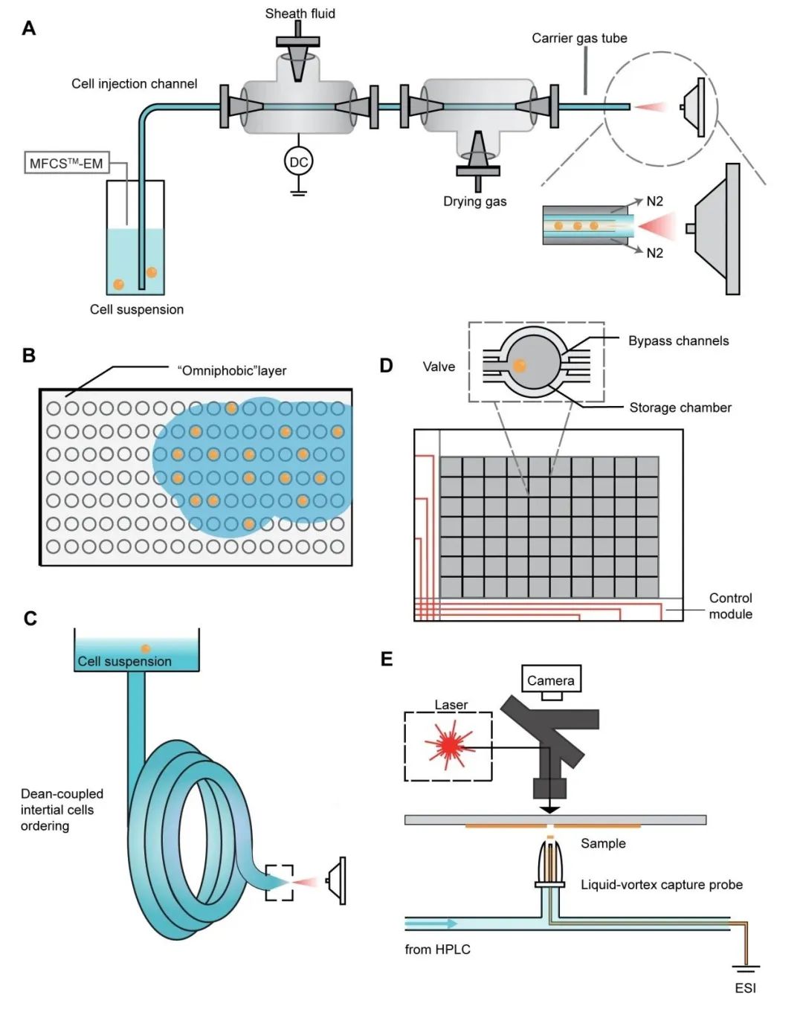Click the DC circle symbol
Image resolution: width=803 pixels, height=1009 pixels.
[298, 161]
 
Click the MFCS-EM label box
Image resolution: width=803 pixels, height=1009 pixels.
[66, 163]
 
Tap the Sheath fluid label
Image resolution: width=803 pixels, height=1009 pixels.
[300, 13]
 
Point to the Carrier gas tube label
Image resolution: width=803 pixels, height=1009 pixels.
[579, 38]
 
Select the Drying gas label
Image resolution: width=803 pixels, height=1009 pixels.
[474, 201]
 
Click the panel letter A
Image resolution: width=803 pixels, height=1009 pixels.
[29, 28]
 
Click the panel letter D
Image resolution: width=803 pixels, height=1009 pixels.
[386, 365]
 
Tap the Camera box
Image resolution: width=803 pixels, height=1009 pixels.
[550, 680]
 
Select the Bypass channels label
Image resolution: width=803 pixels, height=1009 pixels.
[678, 341]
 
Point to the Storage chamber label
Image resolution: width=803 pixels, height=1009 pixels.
[680, 407]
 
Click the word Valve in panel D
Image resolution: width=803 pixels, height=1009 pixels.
[439, 367]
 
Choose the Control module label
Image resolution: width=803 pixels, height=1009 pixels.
[730, 606]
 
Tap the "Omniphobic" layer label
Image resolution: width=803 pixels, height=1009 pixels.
[231, 370]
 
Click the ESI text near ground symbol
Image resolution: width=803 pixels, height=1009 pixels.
[745, 987]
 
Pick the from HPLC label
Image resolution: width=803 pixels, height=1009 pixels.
[437, 949]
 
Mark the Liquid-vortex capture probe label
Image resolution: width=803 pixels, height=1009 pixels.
[661, 884]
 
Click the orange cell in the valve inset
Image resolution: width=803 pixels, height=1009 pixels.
[520, 365]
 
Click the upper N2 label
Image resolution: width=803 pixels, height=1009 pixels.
[654, 201]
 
